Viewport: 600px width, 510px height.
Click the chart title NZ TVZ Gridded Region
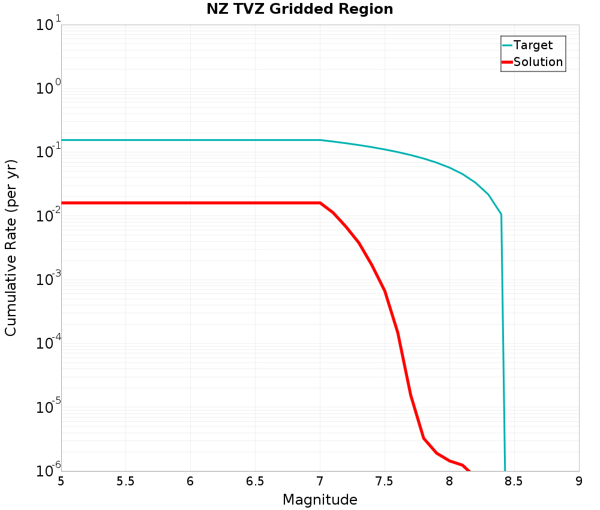[300, 10]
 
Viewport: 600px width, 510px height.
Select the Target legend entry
[533, 45]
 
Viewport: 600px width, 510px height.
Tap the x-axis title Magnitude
[320, 500]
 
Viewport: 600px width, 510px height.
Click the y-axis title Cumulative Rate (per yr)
[11, 248]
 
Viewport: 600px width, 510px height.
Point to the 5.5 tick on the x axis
[125, 482]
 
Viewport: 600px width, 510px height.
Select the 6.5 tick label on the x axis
[255, 482]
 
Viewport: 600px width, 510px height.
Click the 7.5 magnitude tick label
[385, 482]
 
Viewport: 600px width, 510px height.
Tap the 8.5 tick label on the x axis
[514, 482]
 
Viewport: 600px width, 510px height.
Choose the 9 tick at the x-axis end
[579, 482]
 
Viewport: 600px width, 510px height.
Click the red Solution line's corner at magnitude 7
[320, 203]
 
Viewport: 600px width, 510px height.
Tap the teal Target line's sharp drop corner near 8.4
[501, 214]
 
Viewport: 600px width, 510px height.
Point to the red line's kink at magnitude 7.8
[424, 438]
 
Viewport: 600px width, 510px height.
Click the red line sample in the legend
[507, 62]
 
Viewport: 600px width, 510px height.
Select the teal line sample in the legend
[507, 45]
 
